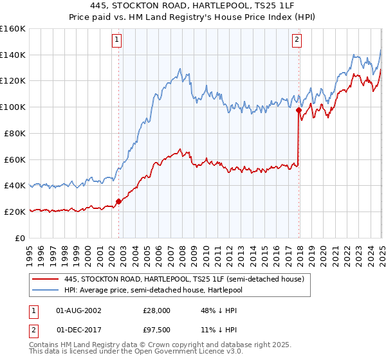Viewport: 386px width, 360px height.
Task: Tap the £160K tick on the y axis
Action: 13,29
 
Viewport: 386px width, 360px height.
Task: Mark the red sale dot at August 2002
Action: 118,201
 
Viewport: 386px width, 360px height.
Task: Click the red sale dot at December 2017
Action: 299,111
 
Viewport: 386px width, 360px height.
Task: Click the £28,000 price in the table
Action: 156,310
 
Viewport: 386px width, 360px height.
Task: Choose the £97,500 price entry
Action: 156,330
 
